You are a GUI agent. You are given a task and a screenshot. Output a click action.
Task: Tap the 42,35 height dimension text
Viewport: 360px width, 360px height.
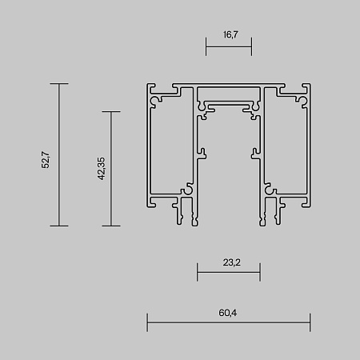point(101,169)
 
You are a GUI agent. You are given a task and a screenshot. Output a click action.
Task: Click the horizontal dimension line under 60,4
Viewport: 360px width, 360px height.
point(228,323)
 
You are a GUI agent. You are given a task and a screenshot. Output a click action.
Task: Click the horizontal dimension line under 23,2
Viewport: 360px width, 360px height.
point(228,274)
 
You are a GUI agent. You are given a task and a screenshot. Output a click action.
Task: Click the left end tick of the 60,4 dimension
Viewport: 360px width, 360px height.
point(147,323)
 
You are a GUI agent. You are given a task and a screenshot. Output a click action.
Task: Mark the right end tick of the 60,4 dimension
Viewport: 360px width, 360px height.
point(310,323)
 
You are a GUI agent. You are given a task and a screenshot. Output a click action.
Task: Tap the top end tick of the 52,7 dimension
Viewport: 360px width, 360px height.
point(58,83)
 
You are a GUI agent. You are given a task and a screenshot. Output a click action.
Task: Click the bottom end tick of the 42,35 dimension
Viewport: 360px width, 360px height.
point(110,226)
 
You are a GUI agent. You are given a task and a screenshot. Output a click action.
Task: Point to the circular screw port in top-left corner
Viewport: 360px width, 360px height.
point(160,98)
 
